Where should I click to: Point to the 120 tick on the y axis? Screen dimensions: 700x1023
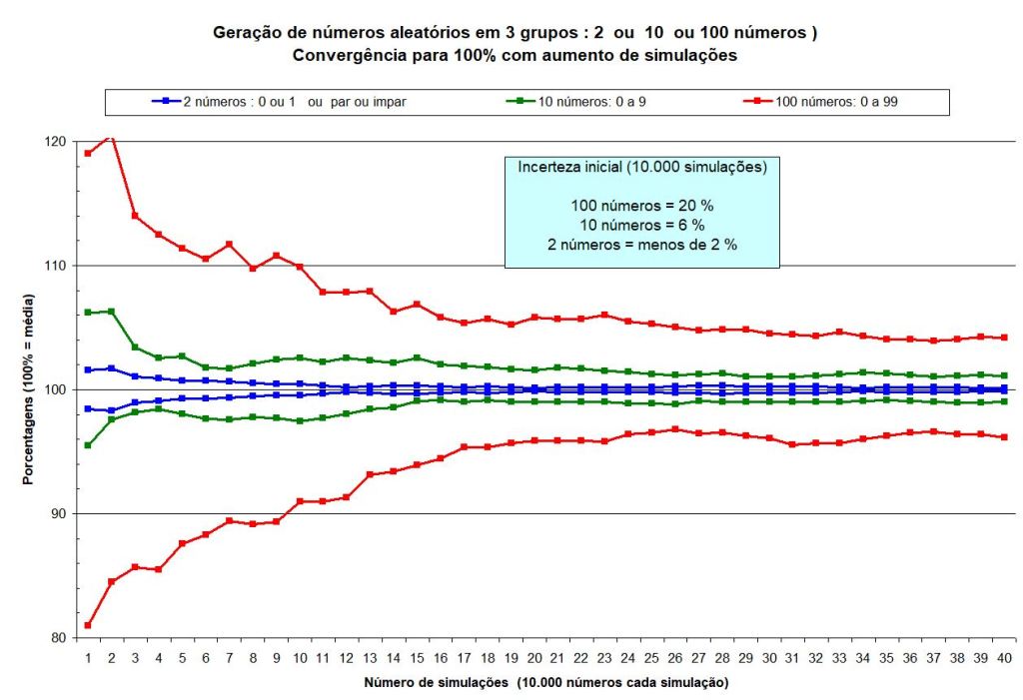tap(55, 142)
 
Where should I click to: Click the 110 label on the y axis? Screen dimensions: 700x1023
tap(55, 266)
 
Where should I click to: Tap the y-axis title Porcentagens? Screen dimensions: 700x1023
tap(29, 389)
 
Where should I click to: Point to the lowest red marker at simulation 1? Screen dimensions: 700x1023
tap(88, 625)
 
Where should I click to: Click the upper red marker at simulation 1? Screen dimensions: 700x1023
tap(88, 153)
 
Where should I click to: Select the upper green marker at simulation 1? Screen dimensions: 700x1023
tap(88, 313)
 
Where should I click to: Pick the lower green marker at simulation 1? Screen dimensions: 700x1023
tap(88, 445)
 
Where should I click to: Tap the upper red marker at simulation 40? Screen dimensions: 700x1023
tap(1003, 338)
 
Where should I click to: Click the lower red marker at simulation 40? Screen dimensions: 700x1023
tap(1003, 437)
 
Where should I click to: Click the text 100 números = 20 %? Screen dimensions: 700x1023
tap(641, 206)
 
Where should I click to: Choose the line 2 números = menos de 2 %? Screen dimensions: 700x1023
tap(641, 245)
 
